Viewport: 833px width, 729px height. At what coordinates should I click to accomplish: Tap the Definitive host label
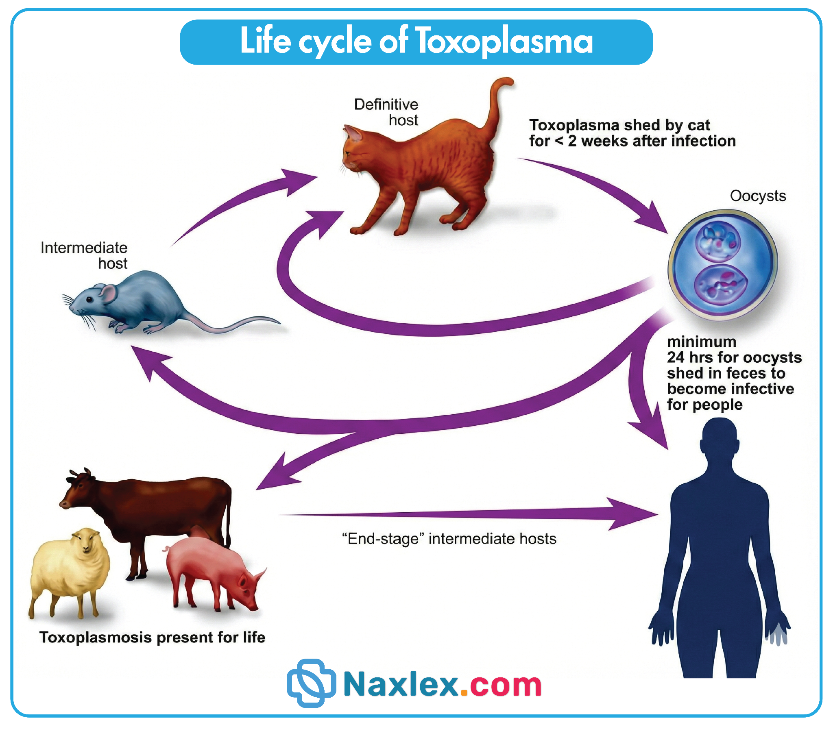point(386,112)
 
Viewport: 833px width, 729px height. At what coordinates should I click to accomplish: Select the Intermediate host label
point(84,255)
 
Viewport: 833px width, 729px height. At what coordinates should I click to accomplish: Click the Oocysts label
point(758,196)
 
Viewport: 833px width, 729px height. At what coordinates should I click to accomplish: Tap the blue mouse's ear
point(108,293)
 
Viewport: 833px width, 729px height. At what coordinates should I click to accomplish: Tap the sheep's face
point(86,541)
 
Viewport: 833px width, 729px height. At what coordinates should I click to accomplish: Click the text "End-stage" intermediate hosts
point(449,539)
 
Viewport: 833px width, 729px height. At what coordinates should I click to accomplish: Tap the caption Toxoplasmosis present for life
point(152,637)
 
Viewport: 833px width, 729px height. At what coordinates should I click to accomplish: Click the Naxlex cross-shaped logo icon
point(311,683)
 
